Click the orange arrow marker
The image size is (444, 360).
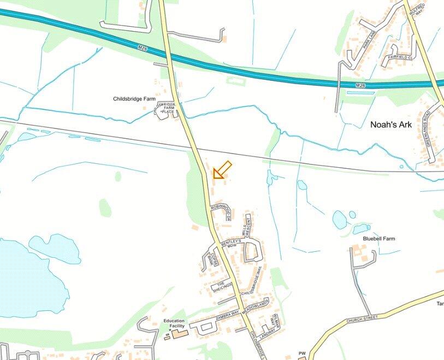[222, 170]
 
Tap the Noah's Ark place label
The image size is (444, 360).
[390, 125]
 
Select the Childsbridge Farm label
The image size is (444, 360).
[134, 99]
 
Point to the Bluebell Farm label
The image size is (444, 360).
[379, 239]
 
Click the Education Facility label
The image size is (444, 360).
[173, 323]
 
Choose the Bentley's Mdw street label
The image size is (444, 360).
[232, 245]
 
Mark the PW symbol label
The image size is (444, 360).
[302, 353]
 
